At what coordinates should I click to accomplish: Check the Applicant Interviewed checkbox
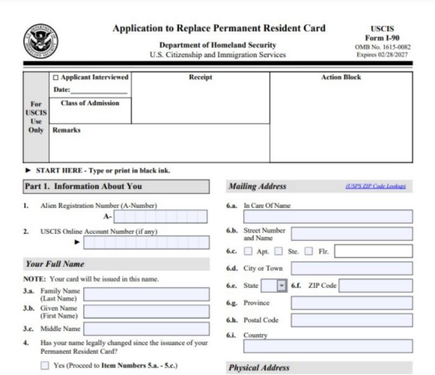pos(56,78)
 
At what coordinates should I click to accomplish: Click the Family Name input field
pos(146,294)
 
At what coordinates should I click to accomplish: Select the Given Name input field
pos(146,312)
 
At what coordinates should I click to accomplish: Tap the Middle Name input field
pos(146,328)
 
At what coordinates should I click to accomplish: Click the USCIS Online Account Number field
pos(146,242)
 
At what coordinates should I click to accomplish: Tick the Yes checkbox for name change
pos(45,366)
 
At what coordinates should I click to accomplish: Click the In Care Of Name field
pos(327,216)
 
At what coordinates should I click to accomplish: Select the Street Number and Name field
pos(351,234)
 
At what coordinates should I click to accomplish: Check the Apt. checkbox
pos(248,252)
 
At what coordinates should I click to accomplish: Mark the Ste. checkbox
pos(278,252)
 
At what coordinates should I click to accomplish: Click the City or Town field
pos(351,269)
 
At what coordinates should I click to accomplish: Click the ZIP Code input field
pos(375,286)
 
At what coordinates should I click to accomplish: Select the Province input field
pos(351,303)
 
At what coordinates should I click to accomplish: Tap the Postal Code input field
pos(351,320)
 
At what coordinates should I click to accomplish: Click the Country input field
pos(327,346)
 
